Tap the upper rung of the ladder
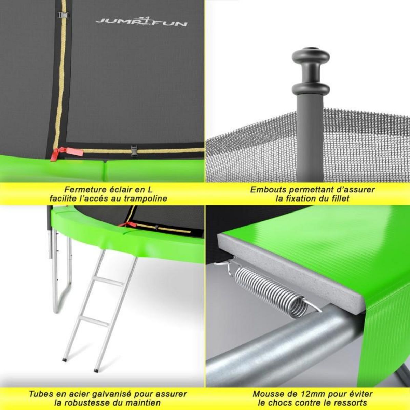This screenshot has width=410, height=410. point(103,282)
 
